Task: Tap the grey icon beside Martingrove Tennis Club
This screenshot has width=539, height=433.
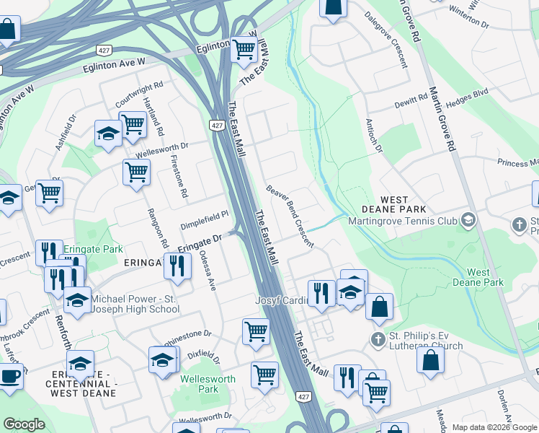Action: pyautogui.click(x=469, y=219)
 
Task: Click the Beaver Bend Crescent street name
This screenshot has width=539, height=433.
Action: pyautogui.click(x=290, y=216)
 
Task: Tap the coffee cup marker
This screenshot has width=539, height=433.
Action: pyautogui.click(x=10, y=377)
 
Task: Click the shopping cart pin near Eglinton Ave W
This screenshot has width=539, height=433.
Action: pyautogui.click(x=244, y=50)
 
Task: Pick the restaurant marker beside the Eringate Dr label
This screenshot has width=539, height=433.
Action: pyautogui.click(x=177, y=266)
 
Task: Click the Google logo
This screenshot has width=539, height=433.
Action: pyautogui.click(x=24, y=424)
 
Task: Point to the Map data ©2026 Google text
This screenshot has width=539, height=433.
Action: pyautogui.click(x=494, y=427)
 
